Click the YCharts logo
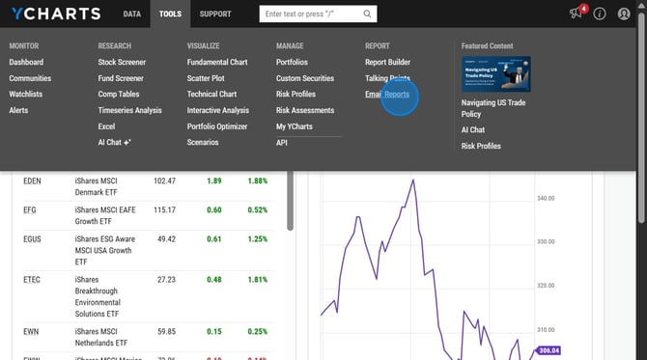coord(55,14)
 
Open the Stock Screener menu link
coord(122,62)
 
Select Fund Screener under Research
coord(121,78)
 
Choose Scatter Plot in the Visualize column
coord(208,78)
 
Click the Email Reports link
coord(387,95)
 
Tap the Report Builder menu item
coord(387,62)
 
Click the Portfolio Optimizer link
coord(217,126)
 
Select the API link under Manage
coord(282,143)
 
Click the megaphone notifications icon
coord(576,14)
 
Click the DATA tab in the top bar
coord(132,14)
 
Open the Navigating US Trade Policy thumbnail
coord(496,74)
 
